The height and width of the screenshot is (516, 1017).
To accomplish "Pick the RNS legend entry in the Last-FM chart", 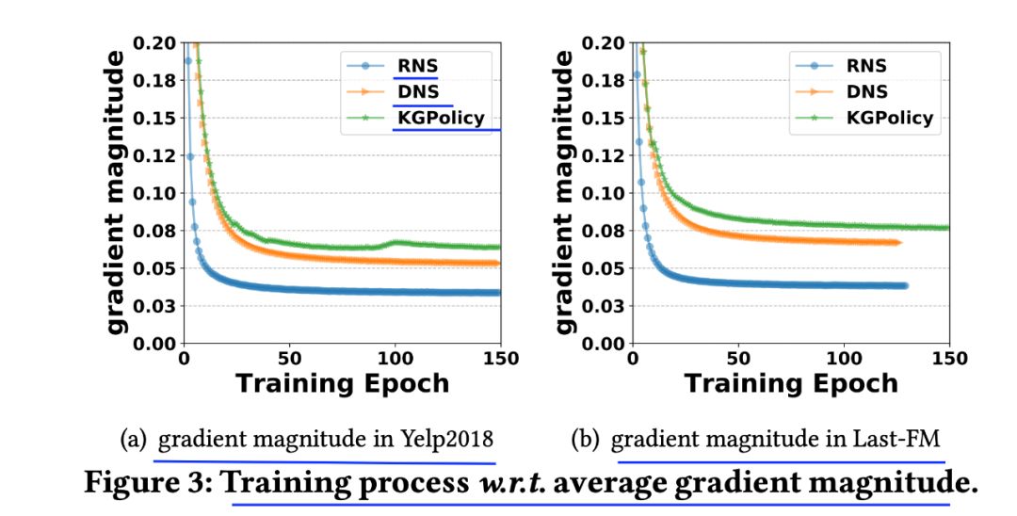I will click(865, 66).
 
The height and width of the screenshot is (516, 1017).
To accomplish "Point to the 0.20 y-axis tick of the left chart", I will click(154, 43).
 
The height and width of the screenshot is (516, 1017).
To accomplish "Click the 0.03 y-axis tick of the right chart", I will click(604, 305).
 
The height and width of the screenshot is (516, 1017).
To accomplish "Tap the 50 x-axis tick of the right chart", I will click(739, 359).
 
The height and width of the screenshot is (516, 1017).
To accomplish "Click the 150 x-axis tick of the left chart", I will click(500, 359).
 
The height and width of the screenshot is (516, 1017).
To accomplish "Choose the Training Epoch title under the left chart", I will click(342, 383).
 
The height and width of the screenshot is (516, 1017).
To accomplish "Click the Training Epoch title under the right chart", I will click(791, 383).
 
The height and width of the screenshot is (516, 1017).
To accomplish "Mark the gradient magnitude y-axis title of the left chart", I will click(114, 193).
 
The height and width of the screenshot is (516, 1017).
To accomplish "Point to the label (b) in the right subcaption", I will click(586, 440).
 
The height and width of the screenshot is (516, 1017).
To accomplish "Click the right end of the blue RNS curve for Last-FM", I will click(904, 285).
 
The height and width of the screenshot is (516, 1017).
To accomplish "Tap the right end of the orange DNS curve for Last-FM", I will click(898, 242).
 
